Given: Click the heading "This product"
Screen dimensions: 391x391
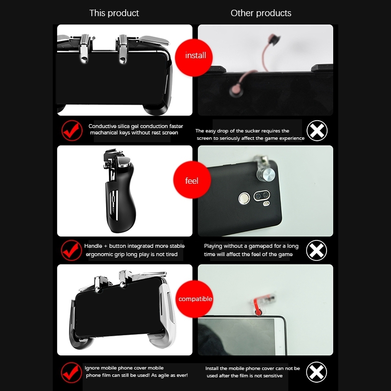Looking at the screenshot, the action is coord(114,13).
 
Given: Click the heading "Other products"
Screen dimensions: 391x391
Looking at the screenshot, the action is coord(261,13).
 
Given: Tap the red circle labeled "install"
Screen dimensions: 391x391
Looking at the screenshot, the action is coord(194,58).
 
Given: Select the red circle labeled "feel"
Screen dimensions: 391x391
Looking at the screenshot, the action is coord(192,180).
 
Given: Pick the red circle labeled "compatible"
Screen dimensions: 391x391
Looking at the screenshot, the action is coord(195,299).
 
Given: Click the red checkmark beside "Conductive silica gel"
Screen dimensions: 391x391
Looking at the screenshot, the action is coord(72,130).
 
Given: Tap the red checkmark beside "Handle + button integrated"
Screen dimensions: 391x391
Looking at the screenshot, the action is coord(71,250).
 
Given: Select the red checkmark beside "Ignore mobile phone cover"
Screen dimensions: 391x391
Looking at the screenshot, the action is coord(71,372).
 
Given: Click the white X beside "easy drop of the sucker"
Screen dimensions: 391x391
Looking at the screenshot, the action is coord(317,130).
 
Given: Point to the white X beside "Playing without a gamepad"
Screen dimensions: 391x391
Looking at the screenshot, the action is coord(316,250).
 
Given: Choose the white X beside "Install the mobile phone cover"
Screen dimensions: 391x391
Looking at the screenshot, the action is coord(316,372).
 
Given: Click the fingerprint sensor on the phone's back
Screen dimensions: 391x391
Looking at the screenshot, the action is coord(244,198).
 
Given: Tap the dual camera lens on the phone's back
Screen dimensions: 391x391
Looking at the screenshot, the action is coord(262,195).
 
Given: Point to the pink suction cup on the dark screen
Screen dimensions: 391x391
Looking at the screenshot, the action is coord(236,90).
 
